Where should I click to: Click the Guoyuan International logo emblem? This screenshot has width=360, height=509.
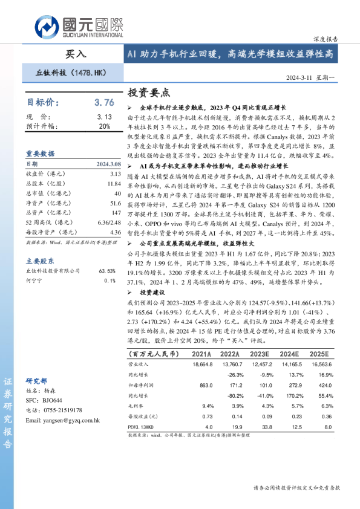click(46, 26)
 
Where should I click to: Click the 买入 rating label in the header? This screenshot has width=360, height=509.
click(76, 54)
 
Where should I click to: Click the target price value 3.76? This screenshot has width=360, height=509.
click(104, 103)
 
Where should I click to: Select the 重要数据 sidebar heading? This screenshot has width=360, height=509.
click(40, 154)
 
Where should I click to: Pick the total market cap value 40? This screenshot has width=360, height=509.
click(116, 193)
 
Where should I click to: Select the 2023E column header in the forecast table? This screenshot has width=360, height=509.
click(260, 354)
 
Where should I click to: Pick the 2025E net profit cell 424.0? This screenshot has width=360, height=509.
click(325, 384)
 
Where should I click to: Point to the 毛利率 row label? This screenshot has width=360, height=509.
click(137, 406)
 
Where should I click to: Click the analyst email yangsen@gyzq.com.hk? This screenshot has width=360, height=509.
click(64, 420)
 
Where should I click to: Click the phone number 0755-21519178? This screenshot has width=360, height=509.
click(60, 410)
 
